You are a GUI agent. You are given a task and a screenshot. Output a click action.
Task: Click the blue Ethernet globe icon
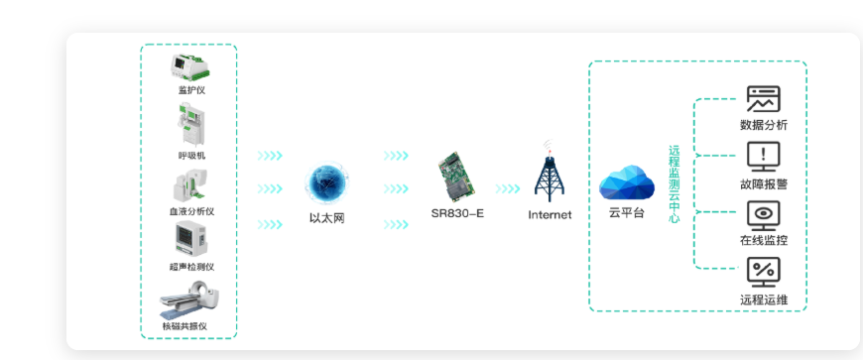(326, 184)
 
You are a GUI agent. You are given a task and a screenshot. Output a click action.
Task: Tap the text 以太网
(326, 218)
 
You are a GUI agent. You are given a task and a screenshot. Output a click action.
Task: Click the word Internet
(550, 214)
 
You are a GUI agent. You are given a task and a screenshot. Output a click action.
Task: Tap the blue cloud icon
(627, 182)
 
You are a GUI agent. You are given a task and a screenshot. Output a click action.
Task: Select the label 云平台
(627, 213)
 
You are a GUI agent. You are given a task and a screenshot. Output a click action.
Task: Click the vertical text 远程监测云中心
(674, 184)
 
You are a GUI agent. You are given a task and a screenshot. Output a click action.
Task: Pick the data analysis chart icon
(763, 99)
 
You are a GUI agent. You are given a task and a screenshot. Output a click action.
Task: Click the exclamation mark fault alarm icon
(763, 156)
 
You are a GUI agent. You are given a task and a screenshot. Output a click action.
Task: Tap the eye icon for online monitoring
(763, 214)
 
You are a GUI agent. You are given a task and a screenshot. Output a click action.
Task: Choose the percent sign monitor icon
(763, 271)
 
